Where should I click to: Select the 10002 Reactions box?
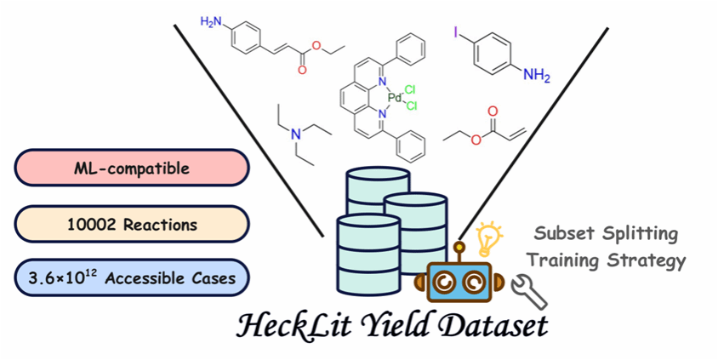[x=131, y=224]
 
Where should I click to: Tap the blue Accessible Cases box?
[x=131, y=278]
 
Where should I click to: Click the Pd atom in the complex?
[x=394, y=98]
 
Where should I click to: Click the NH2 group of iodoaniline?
[x=536, y=77]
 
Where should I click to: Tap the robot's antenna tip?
[x=460, y=248]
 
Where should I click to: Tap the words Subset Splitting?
[x=607, y=231]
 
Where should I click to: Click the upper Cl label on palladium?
[x=411, y=89]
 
